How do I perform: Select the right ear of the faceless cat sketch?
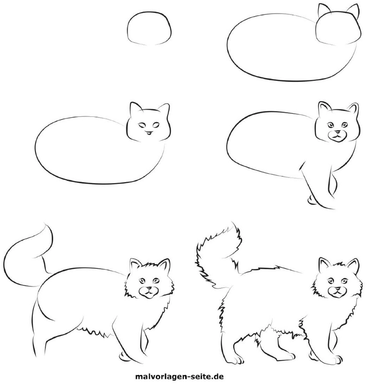coord(354,10)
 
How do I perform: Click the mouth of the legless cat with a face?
coord(150,134)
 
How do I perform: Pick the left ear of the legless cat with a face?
coord(134,109)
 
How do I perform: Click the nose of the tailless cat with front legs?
coord(338,131)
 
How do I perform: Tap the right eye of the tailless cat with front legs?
coord(344,125)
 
